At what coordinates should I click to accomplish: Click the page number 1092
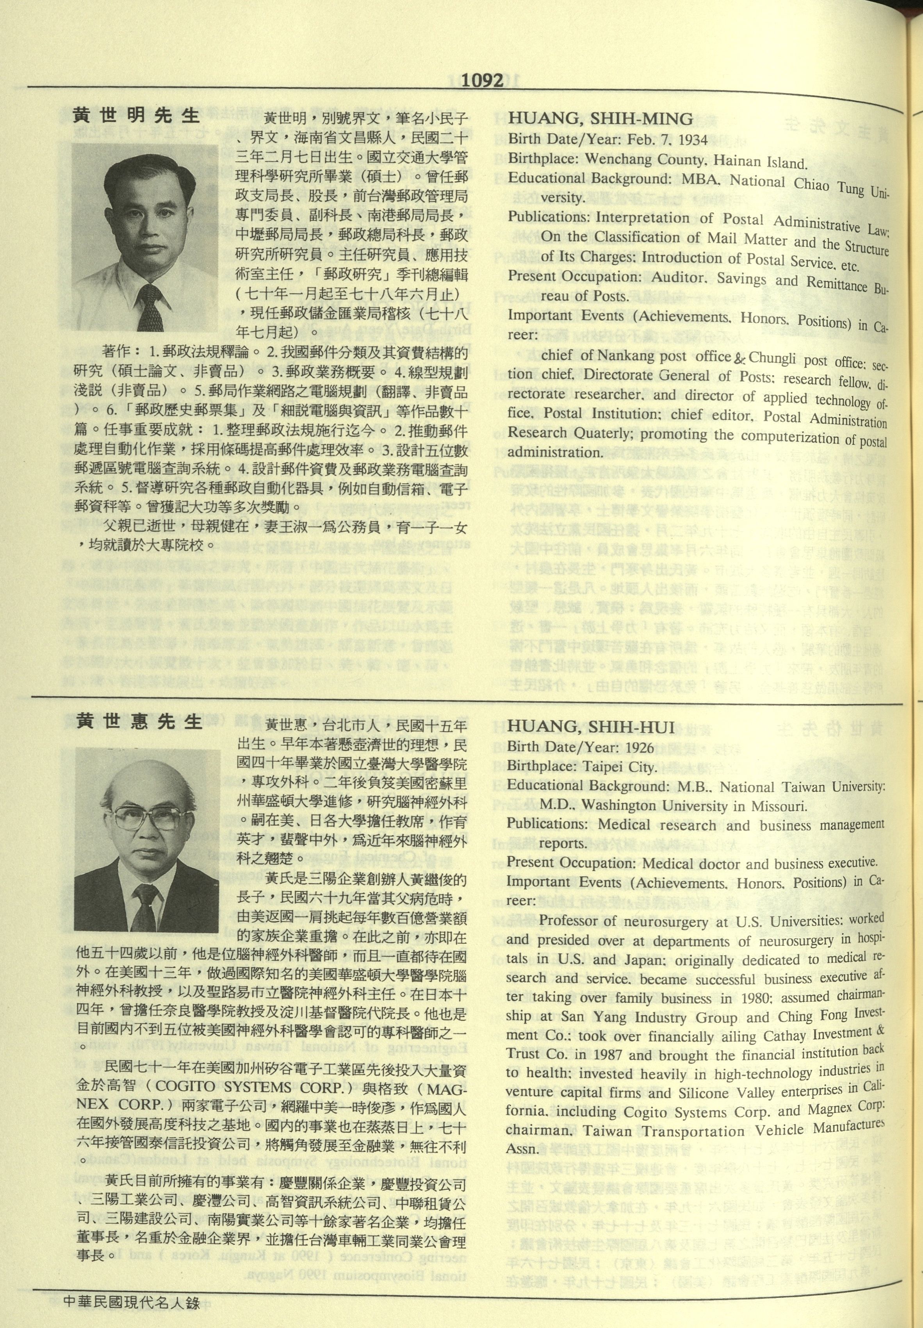(x=483, y=81)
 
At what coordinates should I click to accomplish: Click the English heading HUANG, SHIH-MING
(x=600, y=119)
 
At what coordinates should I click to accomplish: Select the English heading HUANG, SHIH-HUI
(x=591, y=727)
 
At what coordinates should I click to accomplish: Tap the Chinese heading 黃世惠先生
(x=139, y=721)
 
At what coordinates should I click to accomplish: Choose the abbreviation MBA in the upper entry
(x=700, y=179)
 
